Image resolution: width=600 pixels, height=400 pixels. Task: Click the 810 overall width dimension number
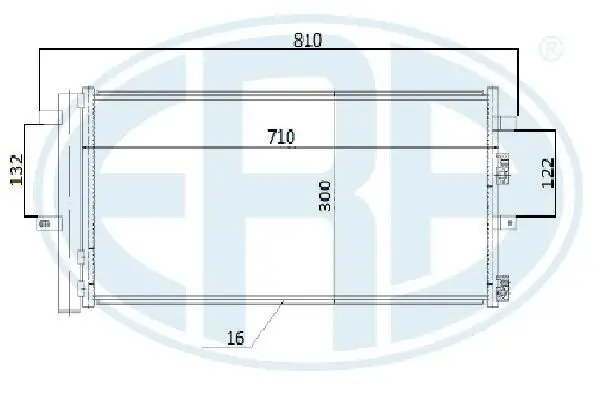coord(308,40)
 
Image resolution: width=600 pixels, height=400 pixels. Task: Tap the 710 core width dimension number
coord(281,137)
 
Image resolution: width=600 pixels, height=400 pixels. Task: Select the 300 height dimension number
coord(324,196)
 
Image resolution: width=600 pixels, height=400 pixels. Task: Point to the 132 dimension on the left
coord(16,170)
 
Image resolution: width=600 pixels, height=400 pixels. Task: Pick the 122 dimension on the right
coord(548,173)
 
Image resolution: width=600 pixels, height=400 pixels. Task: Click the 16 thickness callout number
coord(235,338)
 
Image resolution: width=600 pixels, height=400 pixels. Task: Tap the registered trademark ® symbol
coord(551,49)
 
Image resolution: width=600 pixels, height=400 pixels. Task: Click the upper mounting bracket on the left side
coord(51,117)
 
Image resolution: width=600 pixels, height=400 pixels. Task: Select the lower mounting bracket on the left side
coord(49,223)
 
